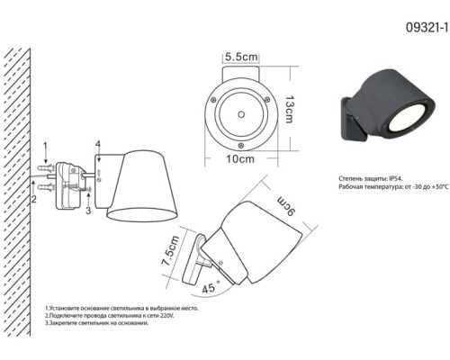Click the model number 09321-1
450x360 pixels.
tap(427, 28)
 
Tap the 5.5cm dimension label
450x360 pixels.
tap(241, 57)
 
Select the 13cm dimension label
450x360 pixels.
tap(289, 109)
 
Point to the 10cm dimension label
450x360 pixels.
tap(240, 159)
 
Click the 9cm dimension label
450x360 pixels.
tap(286, 206)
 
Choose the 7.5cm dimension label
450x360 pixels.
tap(170, 251)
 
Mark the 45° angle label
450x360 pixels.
tap(211, 287)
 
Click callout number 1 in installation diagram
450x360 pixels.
tap(45, 147)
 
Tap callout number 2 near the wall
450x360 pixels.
tap(34, 199)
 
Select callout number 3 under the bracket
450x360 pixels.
tap(88, 211)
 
